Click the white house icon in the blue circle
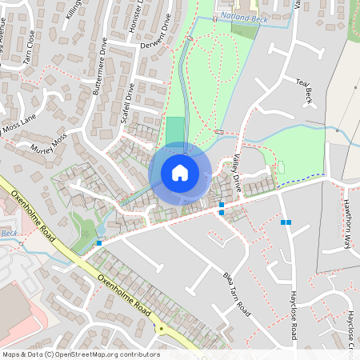pos(180,172)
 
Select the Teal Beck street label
pos(306,91)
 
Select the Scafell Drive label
pos(128,102)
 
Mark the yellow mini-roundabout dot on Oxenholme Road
pos(160,328)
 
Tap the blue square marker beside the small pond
pos(99,243)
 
